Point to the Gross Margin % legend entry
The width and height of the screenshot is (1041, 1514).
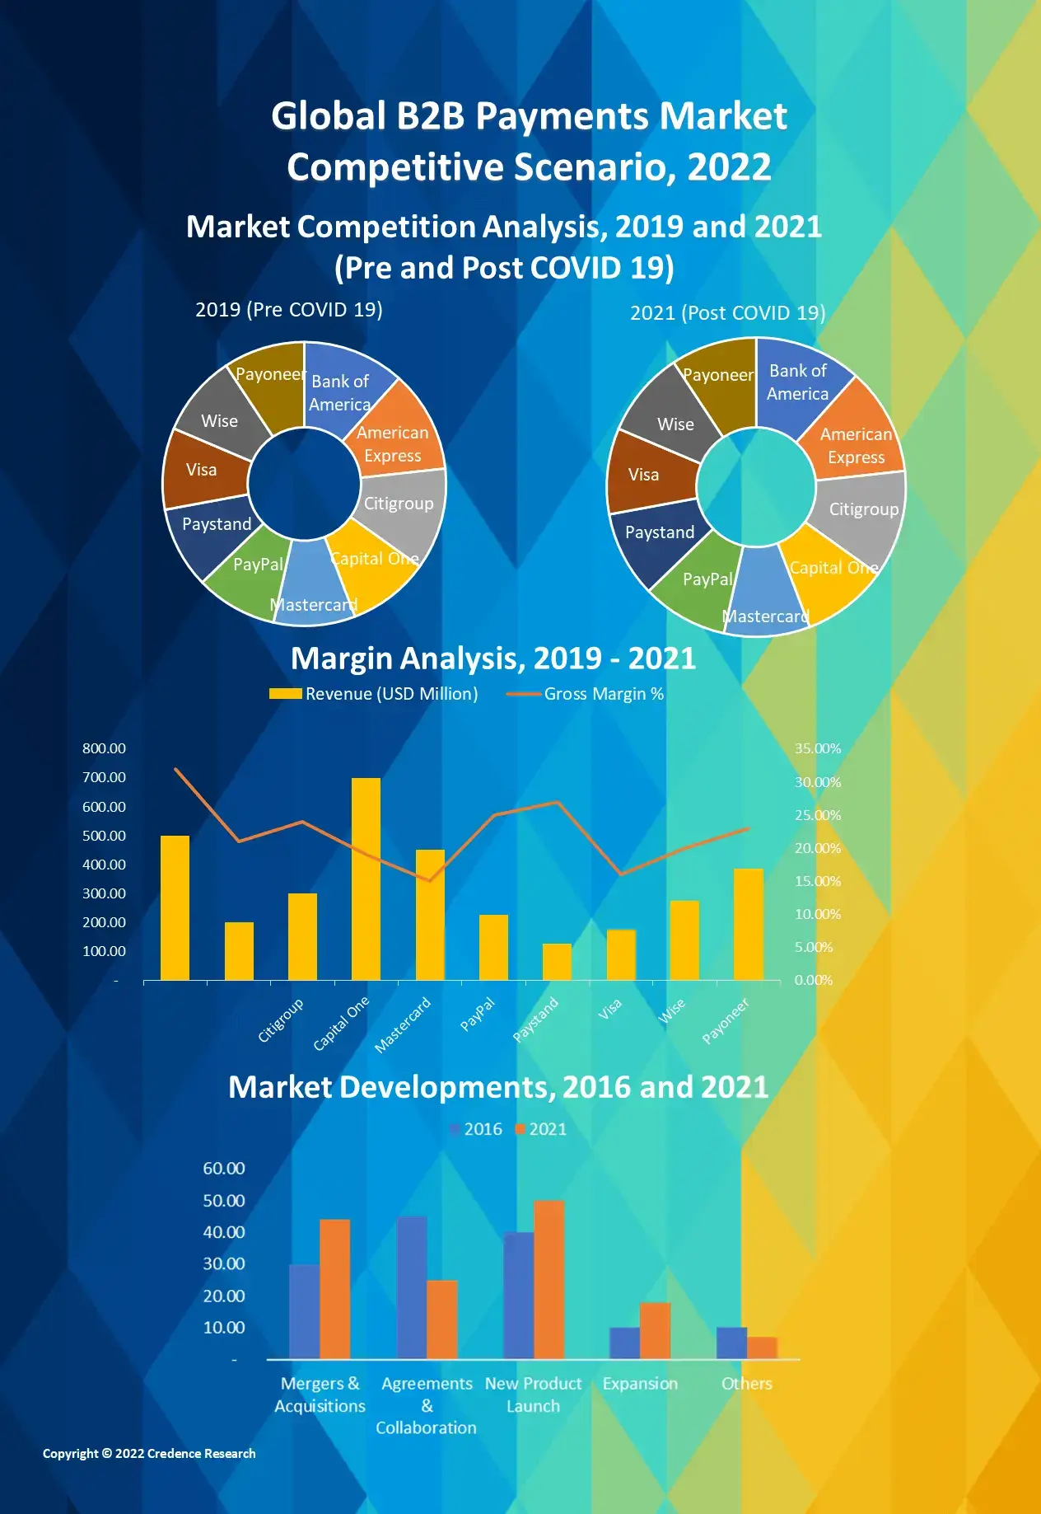pyautogui.click(x=586, y=694)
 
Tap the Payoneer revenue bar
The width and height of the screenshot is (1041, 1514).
pyautogui.click(x=748, y=924)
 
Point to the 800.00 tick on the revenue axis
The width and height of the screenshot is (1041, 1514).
pyautogui.click(x=104, y=748)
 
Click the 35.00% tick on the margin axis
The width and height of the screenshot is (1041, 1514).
pyautogui.click(x=818, y=748)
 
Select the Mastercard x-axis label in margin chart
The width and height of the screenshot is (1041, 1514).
pyautogui.click(x=403, y=1025)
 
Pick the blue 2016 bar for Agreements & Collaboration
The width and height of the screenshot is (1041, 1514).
pyautogui.click(x=412, y=1287)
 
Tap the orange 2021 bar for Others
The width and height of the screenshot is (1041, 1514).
pyautogui.click(x=762, y=1348)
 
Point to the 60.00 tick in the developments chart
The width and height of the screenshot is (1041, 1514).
pyautogui.click(x=224, y=1168)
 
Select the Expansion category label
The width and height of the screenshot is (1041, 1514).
pyautogui.click(x=640, y=1384)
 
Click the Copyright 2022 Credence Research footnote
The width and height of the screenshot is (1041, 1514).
pyautogui.click(x=149, y=1454)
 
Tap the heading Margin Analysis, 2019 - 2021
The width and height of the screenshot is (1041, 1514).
pyautogui.click(x=492, y=659)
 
